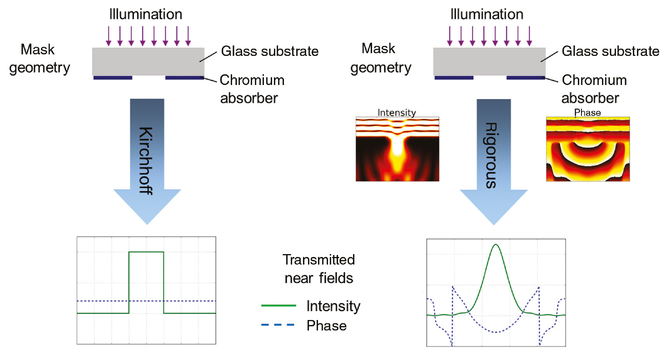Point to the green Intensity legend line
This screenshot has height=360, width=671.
pyautogui.click(x=278, y=305)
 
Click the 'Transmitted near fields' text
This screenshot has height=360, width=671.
pyautogui.click(x=318, y=269)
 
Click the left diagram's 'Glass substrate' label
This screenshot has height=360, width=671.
pyautogui.click(x=270, y=51)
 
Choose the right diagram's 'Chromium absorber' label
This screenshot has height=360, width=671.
pyautogui.click(x=594, y=89)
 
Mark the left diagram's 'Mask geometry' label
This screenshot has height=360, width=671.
pyautogui.click(x=40, y=59)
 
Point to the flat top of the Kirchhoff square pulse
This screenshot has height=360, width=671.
pyautogui.click(x=146, y=252)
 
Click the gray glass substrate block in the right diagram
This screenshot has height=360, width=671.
pyautogui.click(x=489, y=61)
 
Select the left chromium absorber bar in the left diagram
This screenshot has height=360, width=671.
pyautogui.click(x=113, y=78)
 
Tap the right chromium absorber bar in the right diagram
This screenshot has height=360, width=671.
pyautogui.click(x=526, y=78)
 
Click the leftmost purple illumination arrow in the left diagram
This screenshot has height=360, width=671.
pyautogui.click(x=109, y=36)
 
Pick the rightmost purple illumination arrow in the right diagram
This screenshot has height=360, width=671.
pyautogui.click(x=529, y=36)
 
